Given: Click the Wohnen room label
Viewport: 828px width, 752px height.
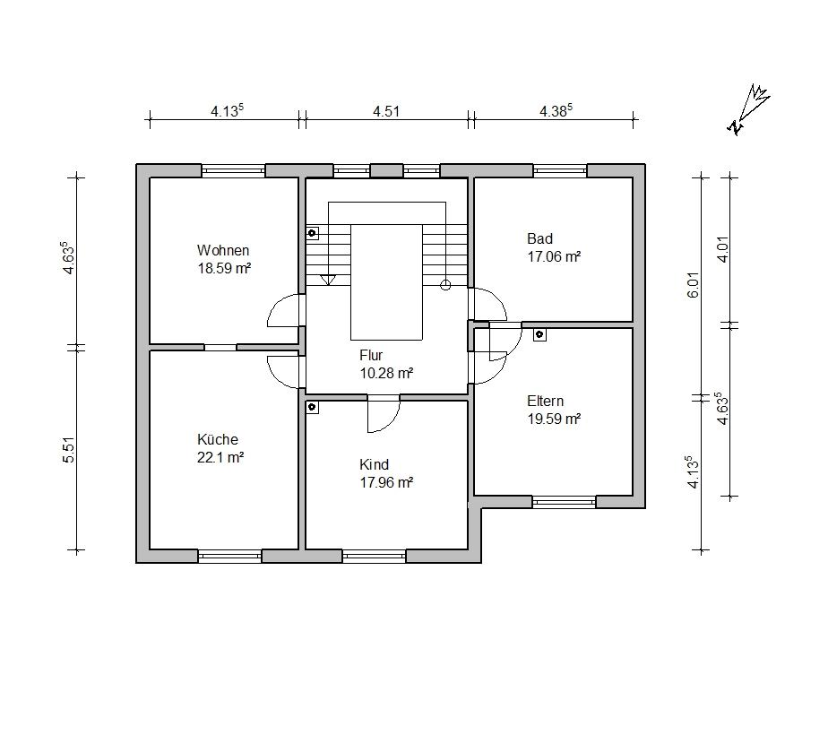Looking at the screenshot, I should (x=223, y=250).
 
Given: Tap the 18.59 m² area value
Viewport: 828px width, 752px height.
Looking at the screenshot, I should (x=224, y=268).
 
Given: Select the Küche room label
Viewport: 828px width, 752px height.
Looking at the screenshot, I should (x=218, y=439).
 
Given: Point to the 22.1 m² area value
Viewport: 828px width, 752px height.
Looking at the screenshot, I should (x=220, y=457).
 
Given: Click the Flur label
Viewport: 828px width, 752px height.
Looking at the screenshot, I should (x=371, y=355).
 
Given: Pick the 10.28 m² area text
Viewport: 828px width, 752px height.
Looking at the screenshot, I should (x=386, y=373).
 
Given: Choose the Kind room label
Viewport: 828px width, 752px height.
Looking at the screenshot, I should (x=374, y=464).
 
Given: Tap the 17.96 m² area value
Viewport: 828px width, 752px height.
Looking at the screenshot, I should (x=386, y=482).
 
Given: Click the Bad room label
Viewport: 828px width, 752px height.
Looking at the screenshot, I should (x=539, y=238).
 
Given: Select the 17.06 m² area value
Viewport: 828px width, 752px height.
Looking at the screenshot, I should (x=554, y=256).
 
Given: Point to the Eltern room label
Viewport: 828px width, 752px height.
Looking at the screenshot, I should (x=546, y=401).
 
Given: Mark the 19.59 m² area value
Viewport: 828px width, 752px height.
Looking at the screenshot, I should (x=554, y=419).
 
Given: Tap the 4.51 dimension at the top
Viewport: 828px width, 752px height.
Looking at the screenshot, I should (x=385, y=111).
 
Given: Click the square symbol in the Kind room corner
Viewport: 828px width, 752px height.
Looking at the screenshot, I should (x=312, y=407).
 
